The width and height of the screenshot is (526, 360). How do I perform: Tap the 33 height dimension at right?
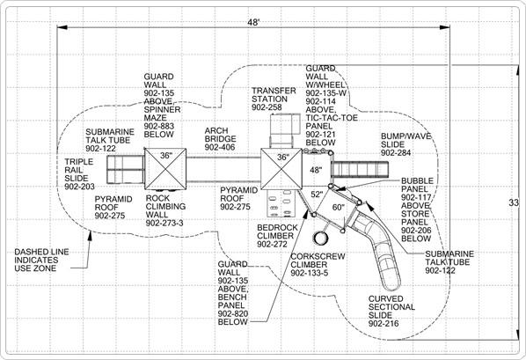click(515, 202)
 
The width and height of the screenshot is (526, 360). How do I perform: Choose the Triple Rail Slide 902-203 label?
click(79, 174)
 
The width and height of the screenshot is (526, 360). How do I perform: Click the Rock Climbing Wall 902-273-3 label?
click(164, 211)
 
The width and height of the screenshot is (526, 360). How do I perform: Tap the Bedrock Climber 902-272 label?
click(278, 235)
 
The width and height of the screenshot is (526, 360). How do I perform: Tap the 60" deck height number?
click(337, 208)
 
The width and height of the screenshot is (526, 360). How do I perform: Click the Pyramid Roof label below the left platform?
click(114, 207)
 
